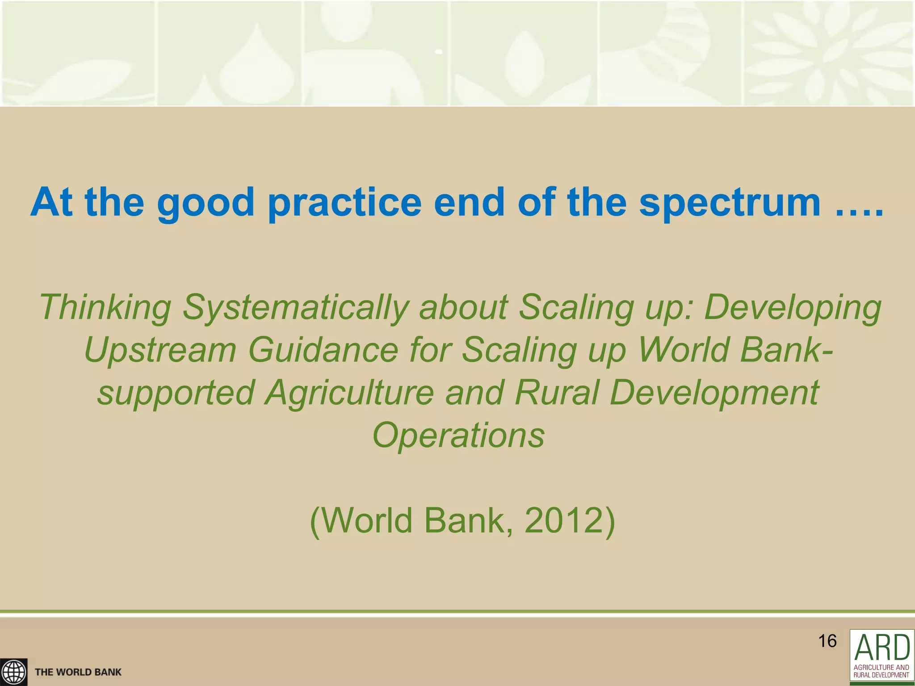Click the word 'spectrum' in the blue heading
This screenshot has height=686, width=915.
click(x=729, y=204)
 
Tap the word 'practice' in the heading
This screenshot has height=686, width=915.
click(x=344, y=204)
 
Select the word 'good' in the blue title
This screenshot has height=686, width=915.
click(x=206, y=204)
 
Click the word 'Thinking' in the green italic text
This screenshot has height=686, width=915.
click(x=105, y=308)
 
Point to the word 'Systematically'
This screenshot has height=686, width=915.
click(x=296, y=308)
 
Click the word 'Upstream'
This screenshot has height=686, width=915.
click(x=160, y=350)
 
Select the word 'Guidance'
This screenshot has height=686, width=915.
click(x=323, y=350)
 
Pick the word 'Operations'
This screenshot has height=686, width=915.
click(x=458, y=435)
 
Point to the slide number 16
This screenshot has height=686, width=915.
click(x=827, y=641)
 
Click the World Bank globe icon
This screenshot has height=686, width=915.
click(x=13, y=672)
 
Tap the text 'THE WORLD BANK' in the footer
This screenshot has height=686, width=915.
click(x=78, y=672)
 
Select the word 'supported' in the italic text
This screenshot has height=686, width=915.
click(x=176, y=393)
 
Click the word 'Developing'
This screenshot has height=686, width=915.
click(x=793, y=308)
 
